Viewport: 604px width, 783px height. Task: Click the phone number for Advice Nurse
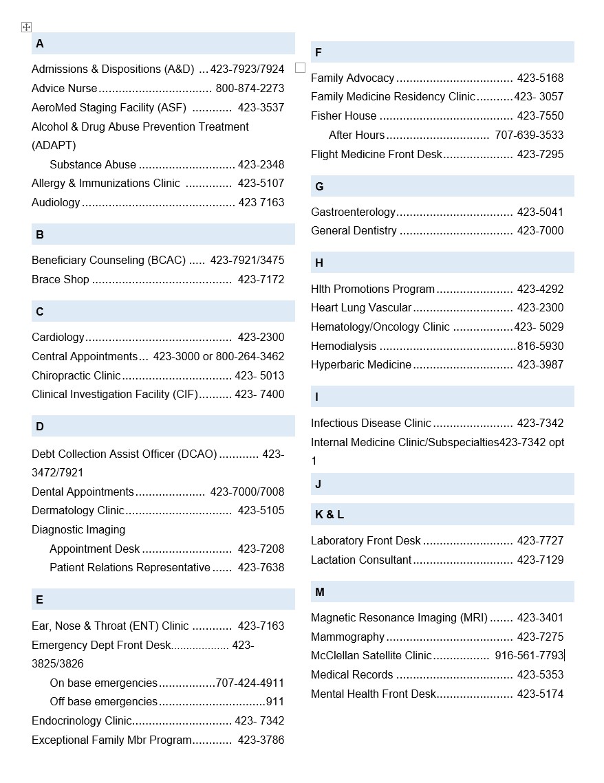click(250, 89)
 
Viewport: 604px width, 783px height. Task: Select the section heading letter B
click(40, 235)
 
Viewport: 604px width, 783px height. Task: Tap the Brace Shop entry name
click(61, 280)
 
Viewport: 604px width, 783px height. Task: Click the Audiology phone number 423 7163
click(261, 203)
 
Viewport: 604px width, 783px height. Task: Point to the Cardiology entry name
click(58, 338)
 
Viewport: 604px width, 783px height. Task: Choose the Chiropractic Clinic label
click(76, 376)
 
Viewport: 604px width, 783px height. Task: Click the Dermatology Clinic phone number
click(261, 511)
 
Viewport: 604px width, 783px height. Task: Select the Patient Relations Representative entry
click(130, 568)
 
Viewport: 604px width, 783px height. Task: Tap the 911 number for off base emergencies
click(275, 702)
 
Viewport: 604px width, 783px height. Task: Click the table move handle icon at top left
click(26, 27)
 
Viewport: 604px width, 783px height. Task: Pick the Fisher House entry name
click(344, 116)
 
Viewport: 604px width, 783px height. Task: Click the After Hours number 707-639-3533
click(529, 135)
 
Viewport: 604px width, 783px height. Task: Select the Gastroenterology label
click(353, 212)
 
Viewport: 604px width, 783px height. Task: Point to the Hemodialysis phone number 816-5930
click(540, 346)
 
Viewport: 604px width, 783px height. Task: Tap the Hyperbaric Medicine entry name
click(361, 365)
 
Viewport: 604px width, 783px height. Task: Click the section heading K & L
click(330, 515)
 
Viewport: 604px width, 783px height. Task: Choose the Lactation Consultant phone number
click(540, 560)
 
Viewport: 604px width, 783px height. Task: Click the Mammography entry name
click(347, 637)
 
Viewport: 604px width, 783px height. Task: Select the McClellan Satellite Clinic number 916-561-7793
click(529, 656)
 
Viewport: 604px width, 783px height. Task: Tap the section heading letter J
click(319, 485)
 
